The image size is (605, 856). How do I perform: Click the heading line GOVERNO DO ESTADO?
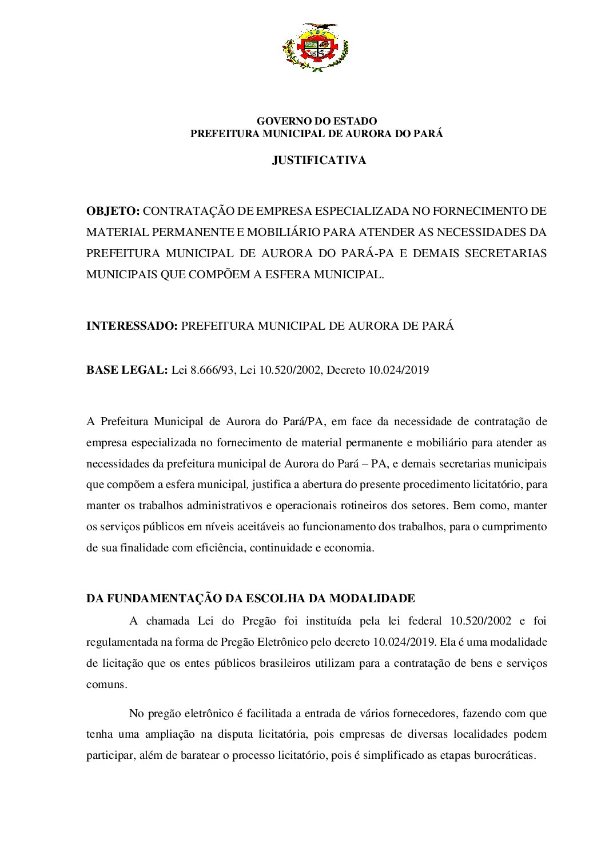[316, 121]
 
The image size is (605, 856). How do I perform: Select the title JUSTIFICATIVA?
[319, 161]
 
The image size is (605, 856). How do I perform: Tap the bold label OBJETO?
[113, 211]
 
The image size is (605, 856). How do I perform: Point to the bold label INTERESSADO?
[132, 326]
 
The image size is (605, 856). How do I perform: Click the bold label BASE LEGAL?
[127, 370]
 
